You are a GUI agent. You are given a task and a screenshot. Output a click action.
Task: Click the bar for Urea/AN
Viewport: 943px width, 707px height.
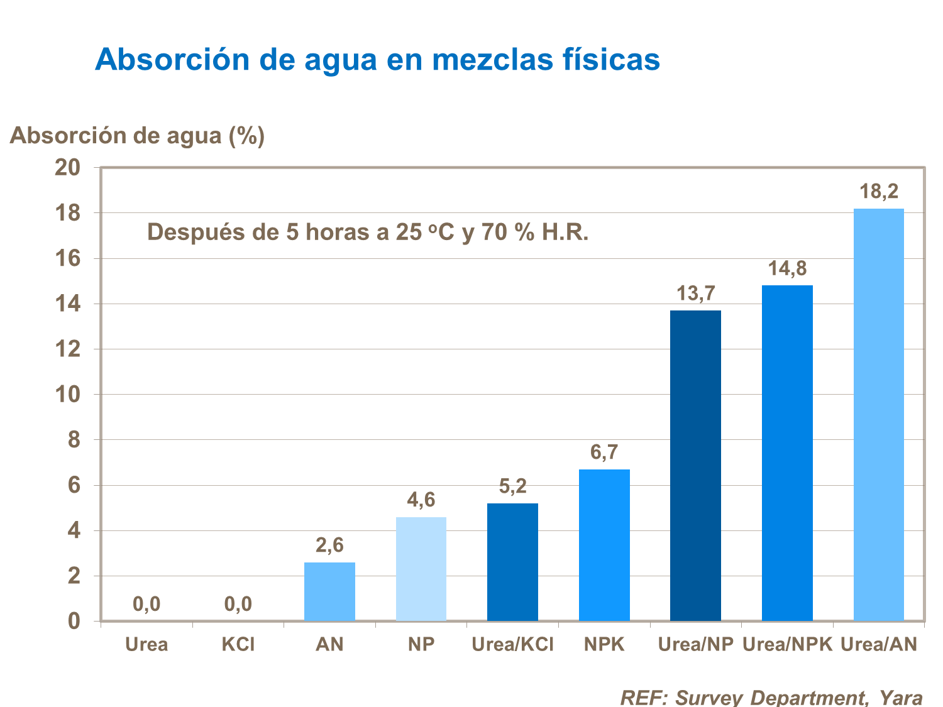point(878,415)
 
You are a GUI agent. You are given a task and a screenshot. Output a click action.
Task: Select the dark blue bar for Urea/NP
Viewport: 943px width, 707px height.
point(695,466)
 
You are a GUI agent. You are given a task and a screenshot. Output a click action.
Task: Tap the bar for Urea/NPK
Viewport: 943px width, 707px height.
point(787,453)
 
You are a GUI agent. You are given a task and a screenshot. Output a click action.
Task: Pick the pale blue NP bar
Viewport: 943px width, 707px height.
point(421,569)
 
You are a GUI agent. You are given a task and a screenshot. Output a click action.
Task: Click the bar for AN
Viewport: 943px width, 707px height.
point(329,591)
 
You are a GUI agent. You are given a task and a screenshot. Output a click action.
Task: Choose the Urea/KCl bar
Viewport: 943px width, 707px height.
point(512,562)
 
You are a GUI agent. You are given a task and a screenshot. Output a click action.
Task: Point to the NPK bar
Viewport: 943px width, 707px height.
point(604,545)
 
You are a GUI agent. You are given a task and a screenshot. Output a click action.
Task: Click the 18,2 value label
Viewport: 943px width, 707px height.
point(879,192)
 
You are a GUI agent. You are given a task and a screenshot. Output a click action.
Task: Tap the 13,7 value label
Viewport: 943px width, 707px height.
point(695,293)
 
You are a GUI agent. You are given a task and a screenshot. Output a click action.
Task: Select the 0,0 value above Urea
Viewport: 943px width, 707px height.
point(146,605)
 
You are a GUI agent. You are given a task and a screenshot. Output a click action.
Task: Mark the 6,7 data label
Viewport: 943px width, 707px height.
point(604,452)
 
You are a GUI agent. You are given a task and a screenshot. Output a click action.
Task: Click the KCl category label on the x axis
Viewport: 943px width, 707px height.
point(238,644)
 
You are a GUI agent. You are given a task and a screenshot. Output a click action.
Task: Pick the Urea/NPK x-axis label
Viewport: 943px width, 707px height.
point(787,644)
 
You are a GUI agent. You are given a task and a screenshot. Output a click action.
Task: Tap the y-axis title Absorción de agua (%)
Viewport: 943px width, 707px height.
point(137,135)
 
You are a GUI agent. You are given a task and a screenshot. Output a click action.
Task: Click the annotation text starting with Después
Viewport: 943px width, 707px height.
point(368,233)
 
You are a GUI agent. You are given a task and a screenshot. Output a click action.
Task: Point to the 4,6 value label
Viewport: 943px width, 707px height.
point(421,500)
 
